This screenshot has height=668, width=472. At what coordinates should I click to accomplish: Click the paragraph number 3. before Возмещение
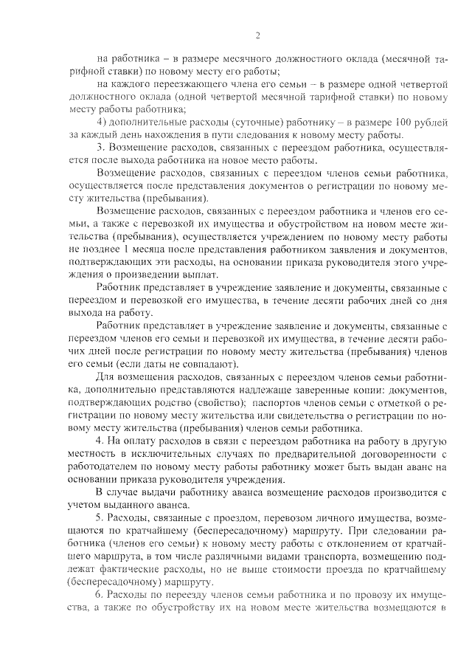tap(103, 147)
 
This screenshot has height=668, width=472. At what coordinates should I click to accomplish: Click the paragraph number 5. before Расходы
tap(103, 522)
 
